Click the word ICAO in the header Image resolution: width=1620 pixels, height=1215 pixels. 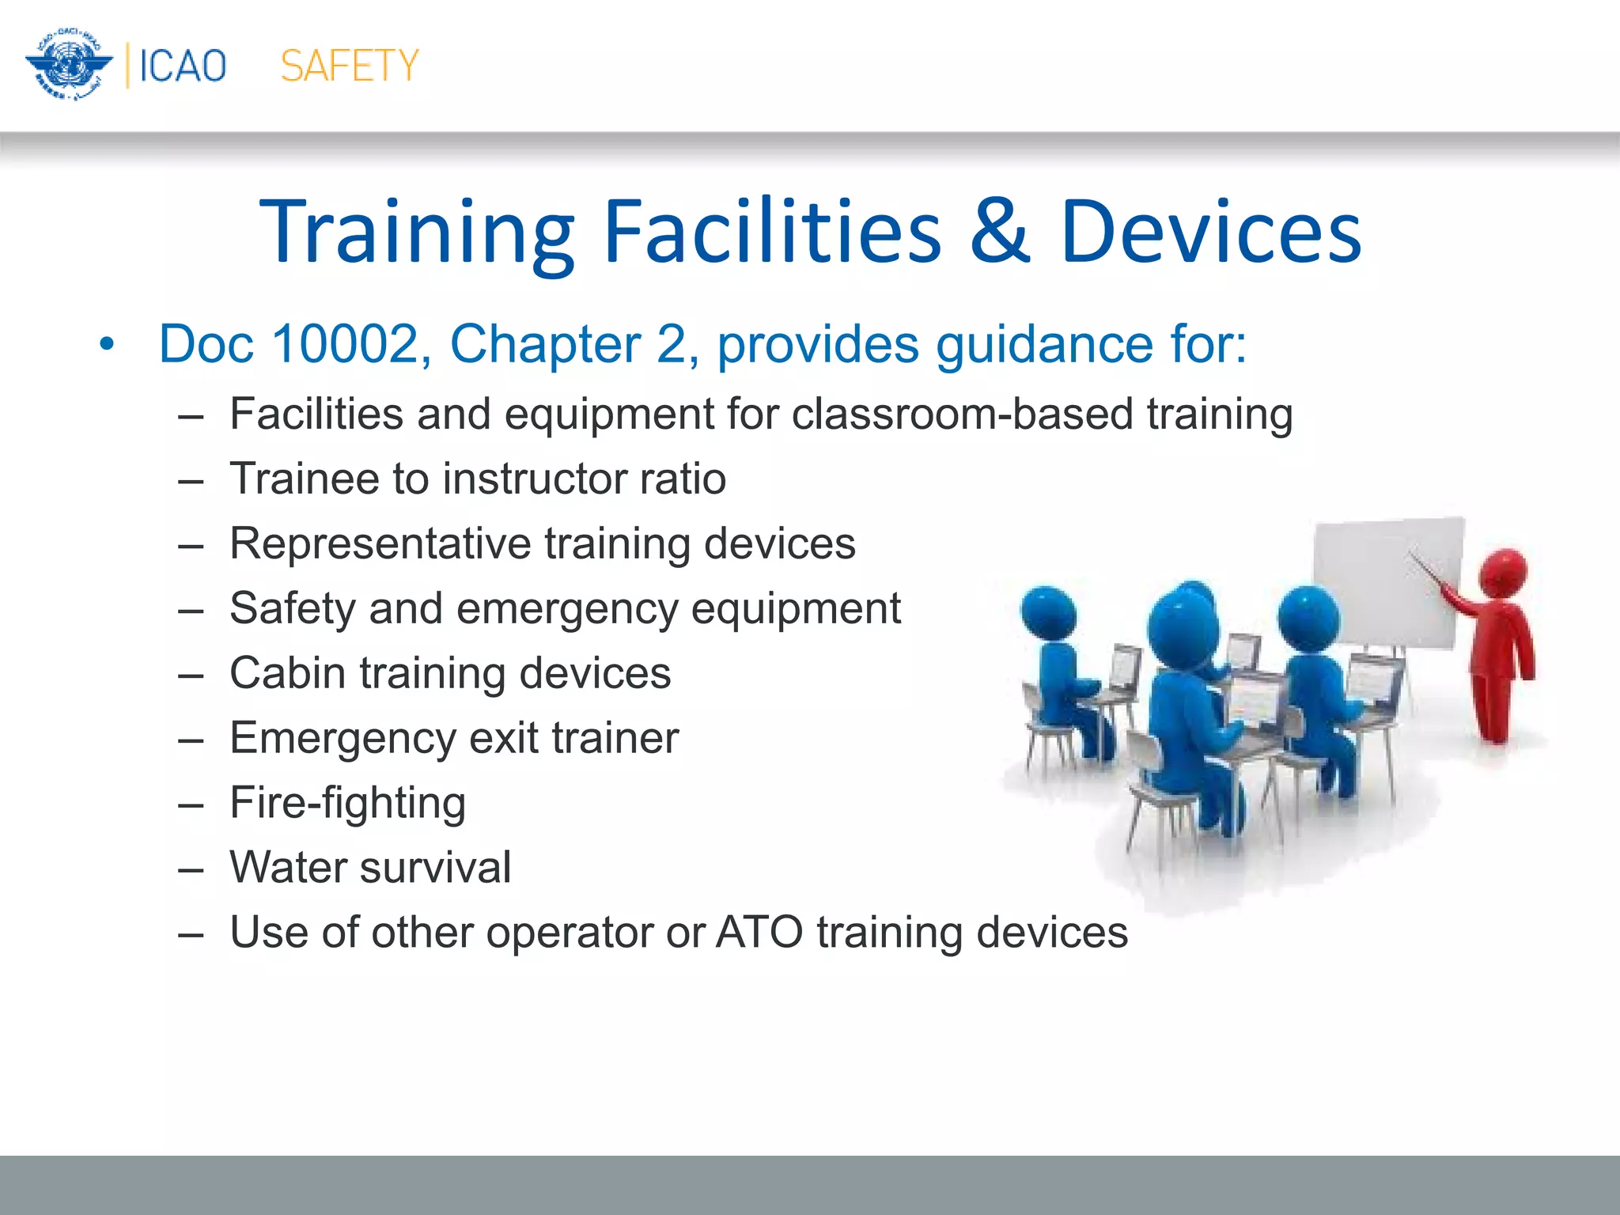[183, 66]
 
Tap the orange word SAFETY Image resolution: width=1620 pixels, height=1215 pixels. [349, 66]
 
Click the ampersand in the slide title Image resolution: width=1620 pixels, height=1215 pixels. [1000, 231]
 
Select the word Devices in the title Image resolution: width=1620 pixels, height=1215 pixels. [1210, 231]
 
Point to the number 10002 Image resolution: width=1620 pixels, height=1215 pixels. [344, 345]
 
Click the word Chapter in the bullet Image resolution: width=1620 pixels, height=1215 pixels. [545, 345]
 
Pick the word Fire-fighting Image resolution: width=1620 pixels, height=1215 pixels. [347, 803]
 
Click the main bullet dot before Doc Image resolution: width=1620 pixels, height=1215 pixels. [108, 346]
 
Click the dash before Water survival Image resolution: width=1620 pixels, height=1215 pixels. [191, 869]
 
